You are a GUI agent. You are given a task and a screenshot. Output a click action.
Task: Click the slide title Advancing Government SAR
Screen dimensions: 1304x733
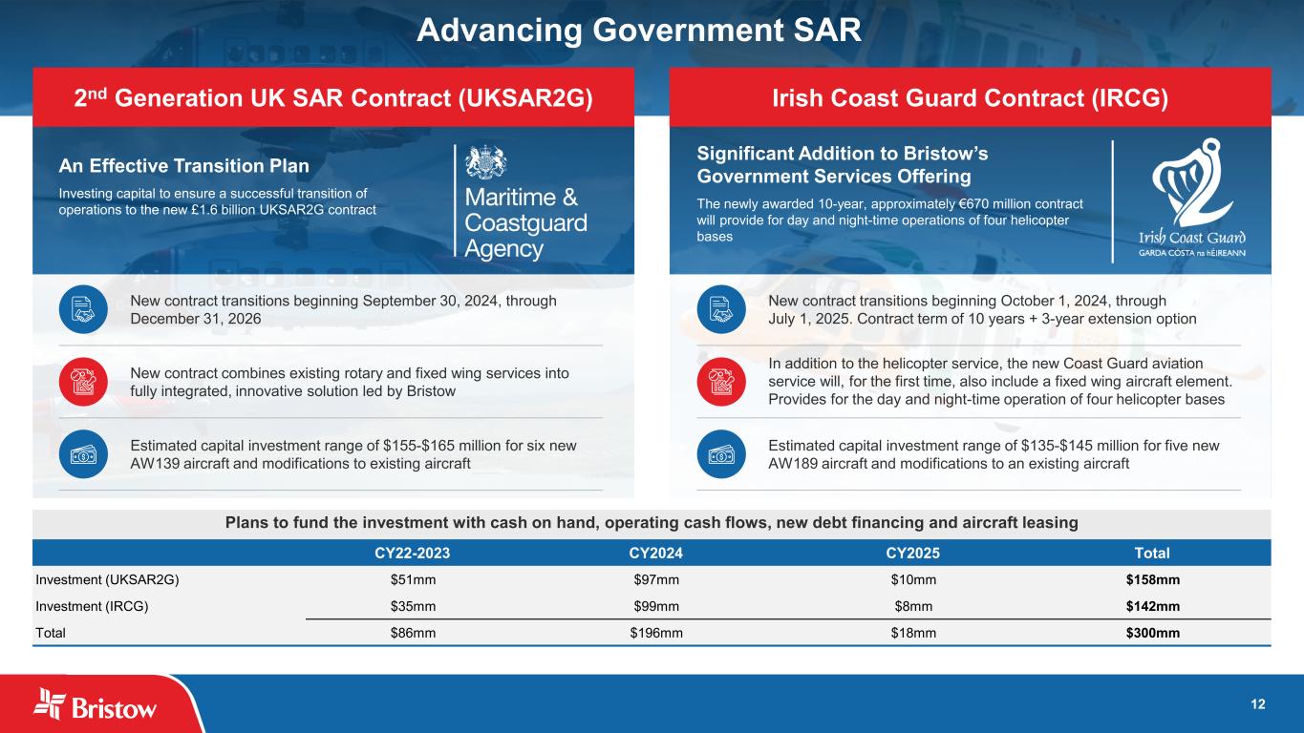638,30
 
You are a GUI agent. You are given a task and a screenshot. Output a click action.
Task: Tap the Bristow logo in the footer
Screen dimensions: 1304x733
95,704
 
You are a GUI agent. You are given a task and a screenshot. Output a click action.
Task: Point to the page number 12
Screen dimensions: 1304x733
1258,704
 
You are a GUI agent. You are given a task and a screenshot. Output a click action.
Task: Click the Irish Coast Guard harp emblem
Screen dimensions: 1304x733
1192,182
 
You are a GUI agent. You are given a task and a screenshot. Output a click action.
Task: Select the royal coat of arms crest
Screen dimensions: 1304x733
485,161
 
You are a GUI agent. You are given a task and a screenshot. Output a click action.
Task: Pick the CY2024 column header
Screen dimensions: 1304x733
655,553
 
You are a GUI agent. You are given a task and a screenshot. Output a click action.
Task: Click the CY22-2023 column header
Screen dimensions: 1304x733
412,553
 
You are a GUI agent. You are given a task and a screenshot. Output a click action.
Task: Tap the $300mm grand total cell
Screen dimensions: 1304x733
1153,633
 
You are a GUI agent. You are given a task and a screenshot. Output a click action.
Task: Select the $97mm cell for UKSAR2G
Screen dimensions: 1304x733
656,579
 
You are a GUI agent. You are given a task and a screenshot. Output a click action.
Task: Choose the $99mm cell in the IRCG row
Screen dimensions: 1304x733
656,606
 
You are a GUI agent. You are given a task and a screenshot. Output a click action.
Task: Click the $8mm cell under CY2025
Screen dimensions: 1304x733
913,606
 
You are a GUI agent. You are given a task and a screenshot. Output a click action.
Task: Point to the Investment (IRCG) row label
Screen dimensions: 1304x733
92,606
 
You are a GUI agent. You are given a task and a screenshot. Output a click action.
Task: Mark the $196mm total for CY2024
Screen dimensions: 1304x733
656,633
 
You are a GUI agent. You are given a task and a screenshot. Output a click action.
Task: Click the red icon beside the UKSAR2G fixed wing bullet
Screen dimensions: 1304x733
83,382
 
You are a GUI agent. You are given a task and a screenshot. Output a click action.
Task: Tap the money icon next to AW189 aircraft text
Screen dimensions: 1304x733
721,454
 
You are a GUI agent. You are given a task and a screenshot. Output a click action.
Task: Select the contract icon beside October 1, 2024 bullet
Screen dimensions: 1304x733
721,309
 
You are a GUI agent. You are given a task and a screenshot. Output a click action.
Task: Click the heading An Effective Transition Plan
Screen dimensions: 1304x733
184,166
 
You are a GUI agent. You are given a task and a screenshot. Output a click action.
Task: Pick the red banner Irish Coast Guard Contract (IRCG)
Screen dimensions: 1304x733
971,97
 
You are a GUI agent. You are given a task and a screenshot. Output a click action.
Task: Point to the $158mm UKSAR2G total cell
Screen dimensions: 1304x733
1153,579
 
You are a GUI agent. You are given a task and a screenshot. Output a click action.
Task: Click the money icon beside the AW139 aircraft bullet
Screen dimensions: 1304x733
83,454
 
